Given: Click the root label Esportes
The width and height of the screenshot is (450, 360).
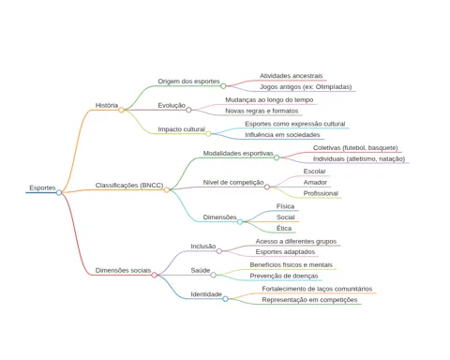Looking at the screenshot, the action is [42, 187].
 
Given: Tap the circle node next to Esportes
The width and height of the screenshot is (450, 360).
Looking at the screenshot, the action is [59, 192].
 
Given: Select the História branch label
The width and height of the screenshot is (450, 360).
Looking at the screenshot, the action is [107, 105].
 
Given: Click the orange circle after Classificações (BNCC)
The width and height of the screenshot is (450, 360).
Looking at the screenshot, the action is [167, 189].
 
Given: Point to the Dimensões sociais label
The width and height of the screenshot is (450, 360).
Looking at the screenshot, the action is [123, 270].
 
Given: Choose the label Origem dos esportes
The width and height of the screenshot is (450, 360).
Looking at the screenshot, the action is [188, 82].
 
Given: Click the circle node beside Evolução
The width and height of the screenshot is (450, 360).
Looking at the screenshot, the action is [188, 110].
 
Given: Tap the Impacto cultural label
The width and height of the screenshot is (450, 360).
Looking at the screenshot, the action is [181, 129].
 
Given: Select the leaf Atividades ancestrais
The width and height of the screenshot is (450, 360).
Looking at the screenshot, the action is [291, 76].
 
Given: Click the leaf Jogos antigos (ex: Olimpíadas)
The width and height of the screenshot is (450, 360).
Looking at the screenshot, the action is [306, 87].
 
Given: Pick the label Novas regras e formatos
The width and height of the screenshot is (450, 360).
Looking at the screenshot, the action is [262, 111].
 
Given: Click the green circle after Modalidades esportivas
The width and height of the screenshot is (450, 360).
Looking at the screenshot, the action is [277, 157].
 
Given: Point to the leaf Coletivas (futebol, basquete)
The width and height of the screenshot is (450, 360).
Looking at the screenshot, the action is [355, 148].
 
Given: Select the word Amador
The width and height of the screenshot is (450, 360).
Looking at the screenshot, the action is [315, 182].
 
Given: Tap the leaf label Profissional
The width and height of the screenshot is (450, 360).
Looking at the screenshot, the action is [321, 193].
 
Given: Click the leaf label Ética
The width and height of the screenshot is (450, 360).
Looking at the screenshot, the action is [284, 228].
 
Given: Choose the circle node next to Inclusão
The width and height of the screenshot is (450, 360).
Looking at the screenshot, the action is [219, 251].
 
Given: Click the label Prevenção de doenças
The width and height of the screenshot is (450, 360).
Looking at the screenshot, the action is [284, 276].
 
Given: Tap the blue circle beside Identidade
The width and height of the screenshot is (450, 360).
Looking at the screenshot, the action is [225, 299].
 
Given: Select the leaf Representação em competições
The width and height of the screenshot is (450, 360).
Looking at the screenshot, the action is [309, 300].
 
